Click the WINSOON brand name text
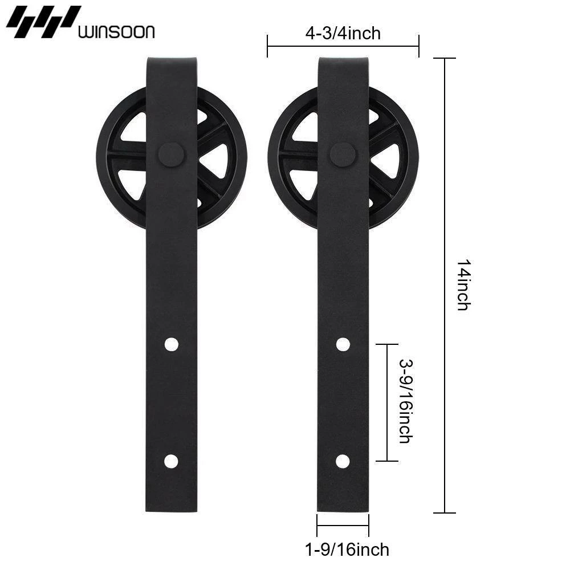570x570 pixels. (116, 31)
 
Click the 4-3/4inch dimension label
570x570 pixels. (343, 34)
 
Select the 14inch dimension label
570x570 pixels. (463, 285)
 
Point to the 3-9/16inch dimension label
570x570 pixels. (405, 402)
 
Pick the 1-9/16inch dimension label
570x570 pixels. (347, 549)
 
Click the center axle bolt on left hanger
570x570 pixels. (171, 154)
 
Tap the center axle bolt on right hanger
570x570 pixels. (343, 154)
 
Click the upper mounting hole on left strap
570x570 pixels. (171, 344)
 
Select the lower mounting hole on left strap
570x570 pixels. (171, 461)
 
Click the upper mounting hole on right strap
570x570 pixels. (343, 344)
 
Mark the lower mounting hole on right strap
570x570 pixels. (343, 461)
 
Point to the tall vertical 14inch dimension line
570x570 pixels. (445, 285)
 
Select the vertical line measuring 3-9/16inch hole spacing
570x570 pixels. (388, 402)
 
